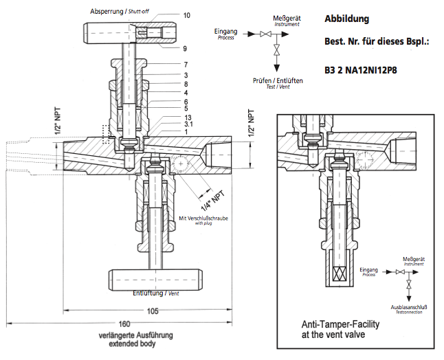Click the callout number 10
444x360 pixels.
point(187,15)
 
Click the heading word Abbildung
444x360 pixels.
point(346,19)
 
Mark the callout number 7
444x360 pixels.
point(186,64)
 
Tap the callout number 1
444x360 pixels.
point(186,132)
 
